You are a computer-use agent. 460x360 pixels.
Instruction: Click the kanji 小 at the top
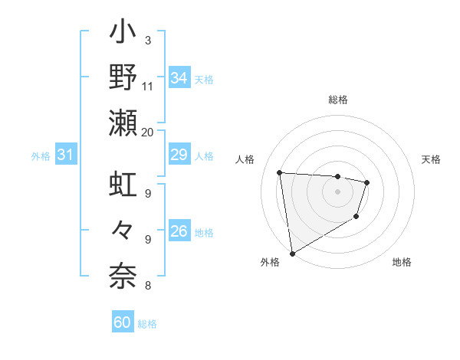coord(123,35)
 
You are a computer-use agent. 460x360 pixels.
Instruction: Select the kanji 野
coord(123,78)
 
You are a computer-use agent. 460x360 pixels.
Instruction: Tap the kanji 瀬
coord(123,123)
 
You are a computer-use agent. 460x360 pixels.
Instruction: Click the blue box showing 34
coord(179,77)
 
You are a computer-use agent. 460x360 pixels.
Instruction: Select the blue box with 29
coord(179,155)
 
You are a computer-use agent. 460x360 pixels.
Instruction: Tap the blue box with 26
coord(179,231)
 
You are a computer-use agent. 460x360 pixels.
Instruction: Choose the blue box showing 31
coord(65,155)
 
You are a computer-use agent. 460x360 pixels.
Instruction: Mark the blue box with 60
coord(123,322)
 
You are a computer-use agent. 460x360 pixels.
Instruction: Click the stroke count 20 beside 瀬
coord(147,132)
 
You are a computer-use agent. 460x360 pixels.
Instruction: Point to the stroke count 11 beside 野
coord(147,86)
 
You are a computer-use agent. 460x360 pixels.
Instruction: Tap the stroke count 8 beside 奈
coord(147,286)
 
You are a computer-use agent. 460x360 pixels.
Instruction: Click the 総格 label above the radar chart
coord(338,100)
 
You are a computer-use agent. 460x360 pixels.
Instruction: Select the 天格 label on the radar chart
coord(431,159)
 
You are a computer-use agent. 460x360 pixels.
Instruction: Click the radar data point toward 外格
coord(291,254)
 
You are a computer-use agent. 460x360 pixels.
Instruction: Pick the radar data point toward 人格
coord(280,172)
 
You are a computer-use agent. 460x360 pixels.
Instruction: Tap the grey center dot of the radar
coord(338,191)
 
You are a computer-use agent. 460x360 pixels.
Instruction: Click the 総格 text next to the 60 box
coord(147,323)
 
